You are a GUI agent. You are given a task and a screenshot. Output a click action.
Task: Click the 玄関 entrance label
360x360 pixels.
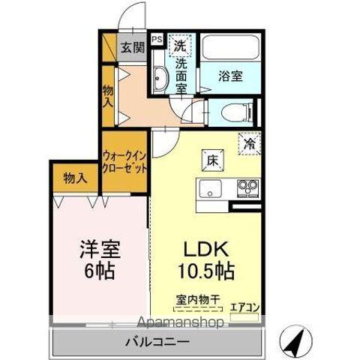133,47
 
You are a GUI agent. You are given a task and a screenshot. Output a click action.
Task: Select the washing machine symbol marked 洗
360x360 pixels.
180,45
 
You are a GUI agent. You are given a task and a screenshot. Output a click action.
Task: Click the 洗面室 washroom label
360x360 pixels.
181,76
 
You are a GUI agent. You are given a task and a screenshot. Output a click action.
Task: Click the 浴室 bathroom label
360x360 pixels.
229,76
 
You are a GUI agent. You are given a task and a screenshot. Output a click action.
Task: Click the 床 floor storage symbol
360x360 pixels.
211,159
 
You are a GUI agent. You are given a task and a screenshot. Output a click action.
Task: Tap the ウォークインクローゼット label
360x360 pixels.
125,161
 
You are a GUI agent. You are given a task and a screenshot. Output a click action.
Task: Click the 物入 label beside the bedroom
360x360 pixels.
75,178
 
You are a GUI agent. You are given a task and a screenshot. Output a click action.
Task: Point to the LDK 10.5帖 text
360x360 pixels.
200,259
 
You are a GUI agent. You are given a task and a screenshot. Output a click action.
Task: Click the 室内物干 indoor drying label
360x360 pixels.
199,301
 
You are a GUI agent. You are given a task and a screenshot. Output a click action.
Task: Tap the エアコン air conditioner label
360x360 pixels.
244,306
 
